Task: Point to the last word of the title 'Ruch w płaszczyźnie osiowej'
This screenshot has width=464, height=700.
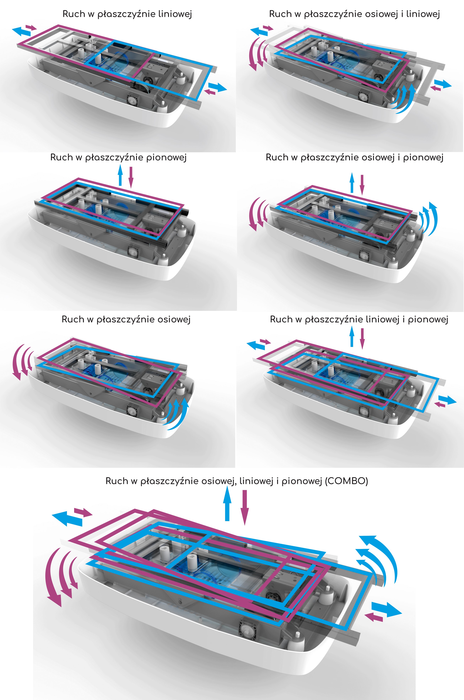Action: (x=174, y=319)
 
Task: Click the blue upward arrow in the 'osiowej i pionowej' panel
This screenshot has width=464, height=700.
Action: (x=352, y=182)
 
